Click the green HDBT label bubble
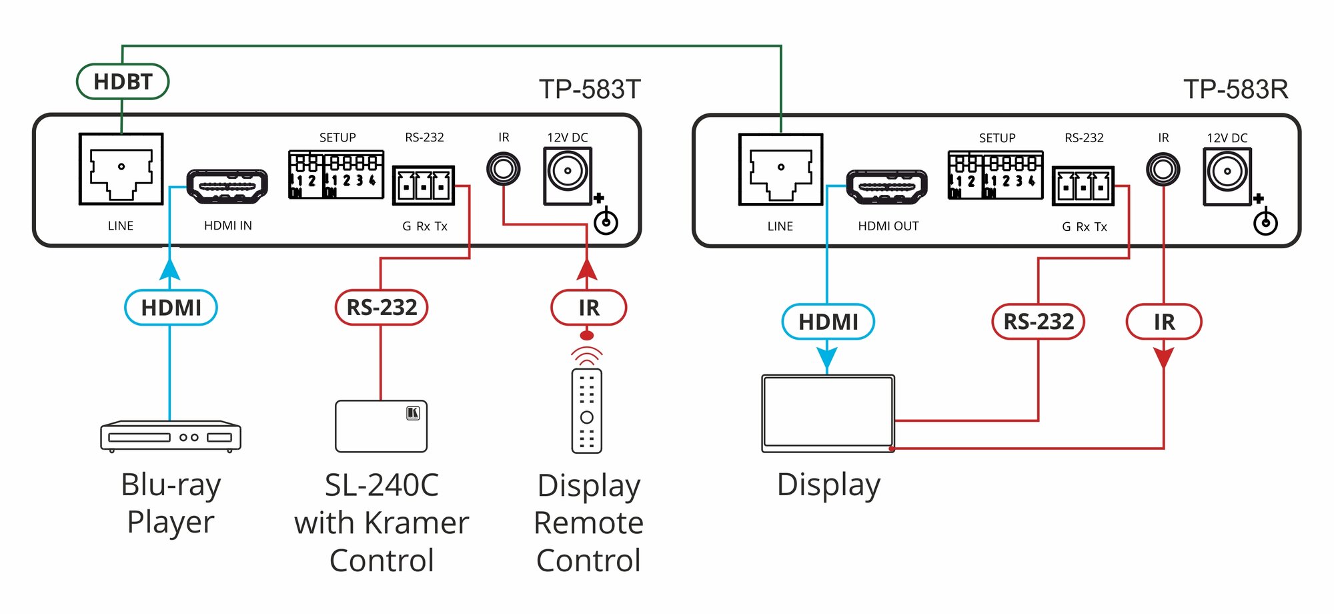tap(123, 81)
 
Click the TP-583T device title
tap(590, 89)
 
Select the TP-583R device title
tap(1235, 89)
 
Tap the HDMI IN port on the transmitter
tap(227, 186)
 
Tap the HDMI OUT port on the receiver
tap(886, 187)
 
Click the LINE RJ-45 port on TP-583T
tap(121, 169)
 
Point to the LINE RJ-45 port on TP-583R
tap(780, 170)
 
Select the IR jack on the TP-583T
tap(503, 169)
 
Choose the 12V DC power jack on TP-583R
tap(1227, 176)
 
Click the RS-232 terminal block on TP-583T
tap(424, 185)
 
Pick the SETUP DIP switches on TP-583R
tap(995, 176)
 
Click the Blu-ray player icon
tap(171, 436)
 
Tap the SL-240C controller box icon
tap(381, 426)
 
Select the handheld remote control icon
tap(587, 410)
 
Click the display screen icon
tap(828, 413)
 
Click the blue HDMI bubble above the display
tap(828, 322)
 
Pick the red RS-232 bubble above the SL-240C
tap(381, 307)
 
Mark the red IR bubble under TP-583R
tap(1164, 322)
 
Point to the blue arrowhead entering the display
tap(827, 358)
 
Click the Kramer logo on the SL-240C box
tap(413, 413)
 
